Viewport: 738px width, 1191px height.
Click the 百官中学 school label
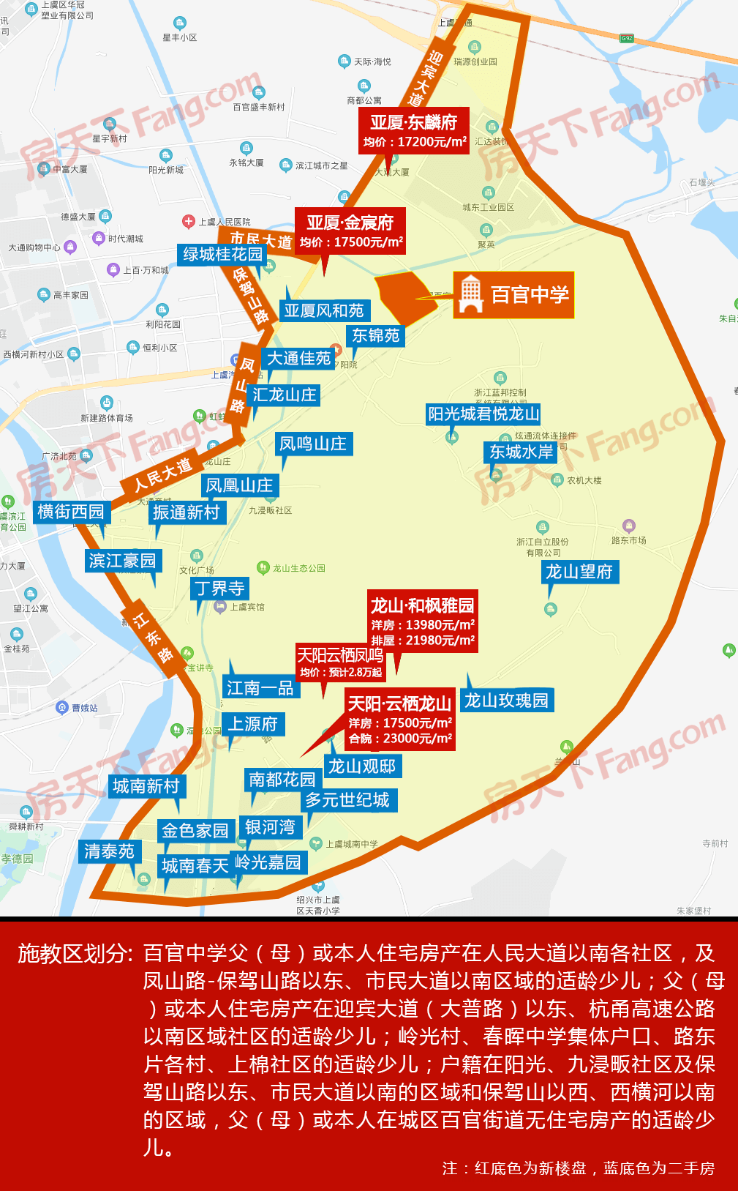pyautogui.click(x=529, y=295)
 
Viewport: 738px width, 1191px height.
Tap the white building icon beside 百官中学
pyautogui.click(x=471, y=294)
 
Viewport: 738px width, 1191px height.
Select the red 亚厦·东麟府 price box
pyautogui.click(x=414, y=130)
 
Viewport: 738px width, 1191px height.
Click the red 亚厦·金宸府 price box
pyautogui.click(x=350, y=231)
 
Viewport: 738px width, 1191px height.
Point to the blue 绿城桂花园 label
pyautogui.click(x=222, y=254)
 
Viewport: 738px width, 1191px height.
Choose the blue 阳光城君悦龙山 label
pyautogui.click(x=483, y=414)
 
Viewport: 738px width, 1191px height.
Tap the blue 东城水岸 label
pyautogui.click(x=521, y=452)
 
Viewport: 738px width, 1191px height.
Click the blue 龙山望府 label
pyautogui.click(x=579, y=571)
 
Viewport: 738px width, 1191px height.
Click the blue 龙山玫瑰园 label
pyautogui.click(x=506, y=700)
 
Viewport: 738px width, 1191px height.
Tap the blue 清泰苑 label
pyautogui.click(x=109, y=851)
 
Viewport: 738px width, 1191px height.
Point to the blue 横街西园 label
pyautogui.click(x=71, y=511)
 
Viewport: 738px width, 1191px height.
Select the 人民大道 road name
pyautogui.click(x=162, y=474)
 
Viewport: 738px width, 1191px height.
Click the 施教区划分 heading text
pyautogui.click(x=75, y=953)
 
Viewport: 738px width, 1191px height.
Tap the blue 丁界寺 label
pyautogui.click(x=219, y=588)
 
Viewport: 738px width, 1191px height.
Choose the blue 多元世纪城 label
pyautogui.click(x=347, y=800)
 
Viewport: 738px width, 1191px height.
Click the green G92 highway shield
pyautogui.click(x=626, y=38)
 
